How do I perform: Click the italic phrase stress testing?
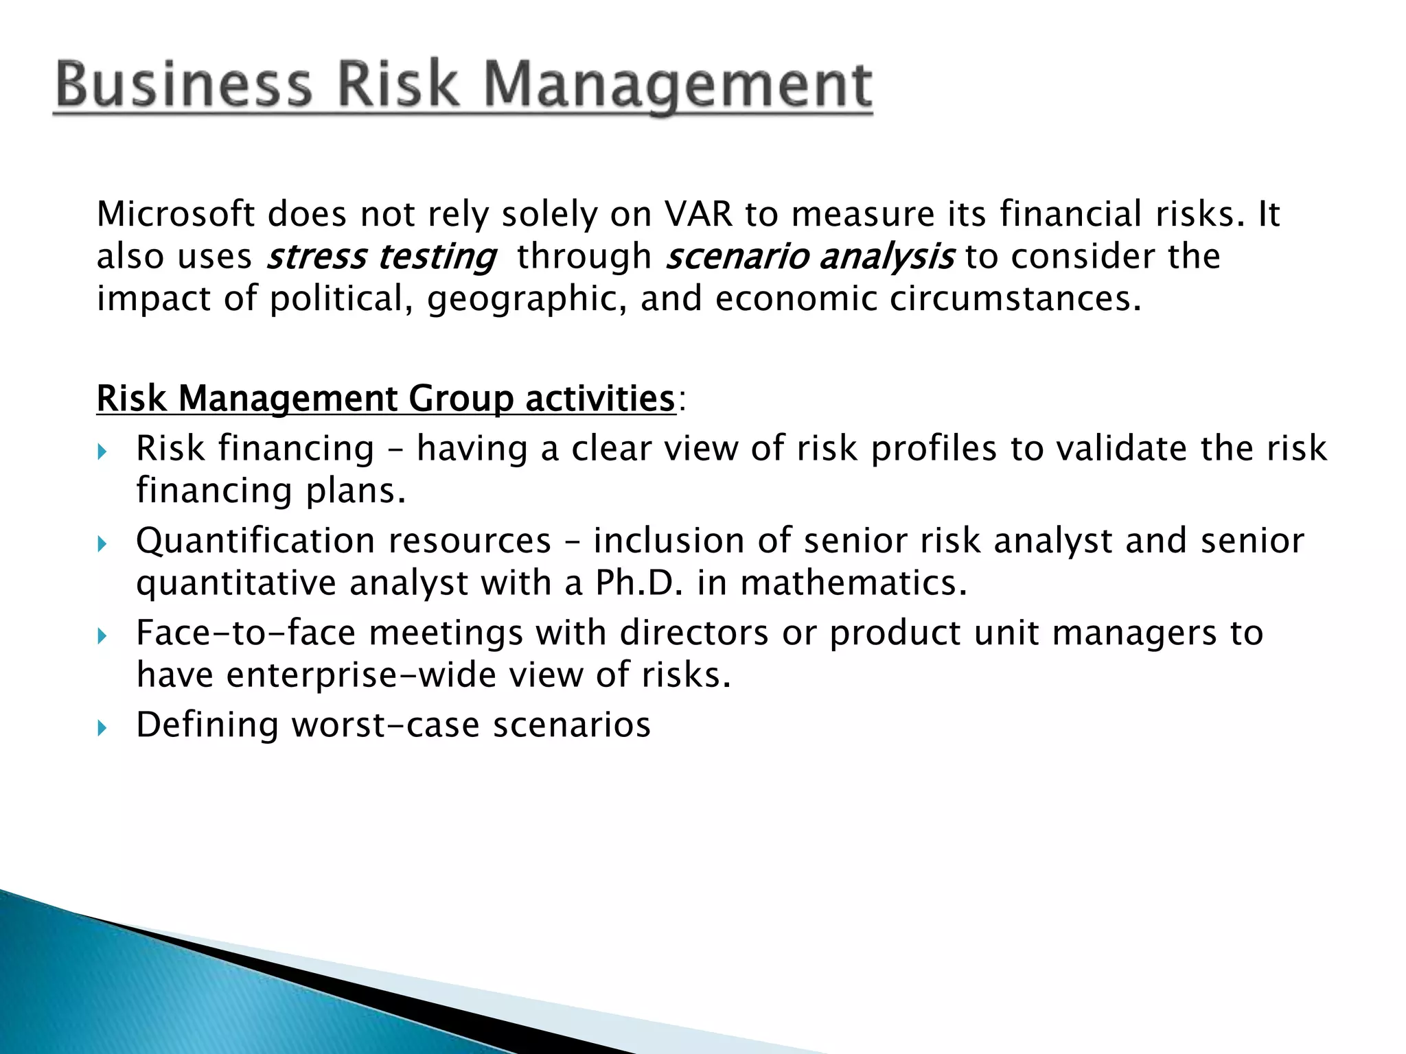(x=381, y=257)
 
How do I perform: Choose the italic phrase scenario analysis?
(x=809, y=257)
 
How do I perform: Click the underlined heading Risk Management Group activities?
(x=386, y=399)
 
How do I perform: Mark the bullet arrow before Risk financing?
(x=102, y=452)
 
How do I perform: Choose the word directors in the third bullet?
(x=693, y=633)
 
